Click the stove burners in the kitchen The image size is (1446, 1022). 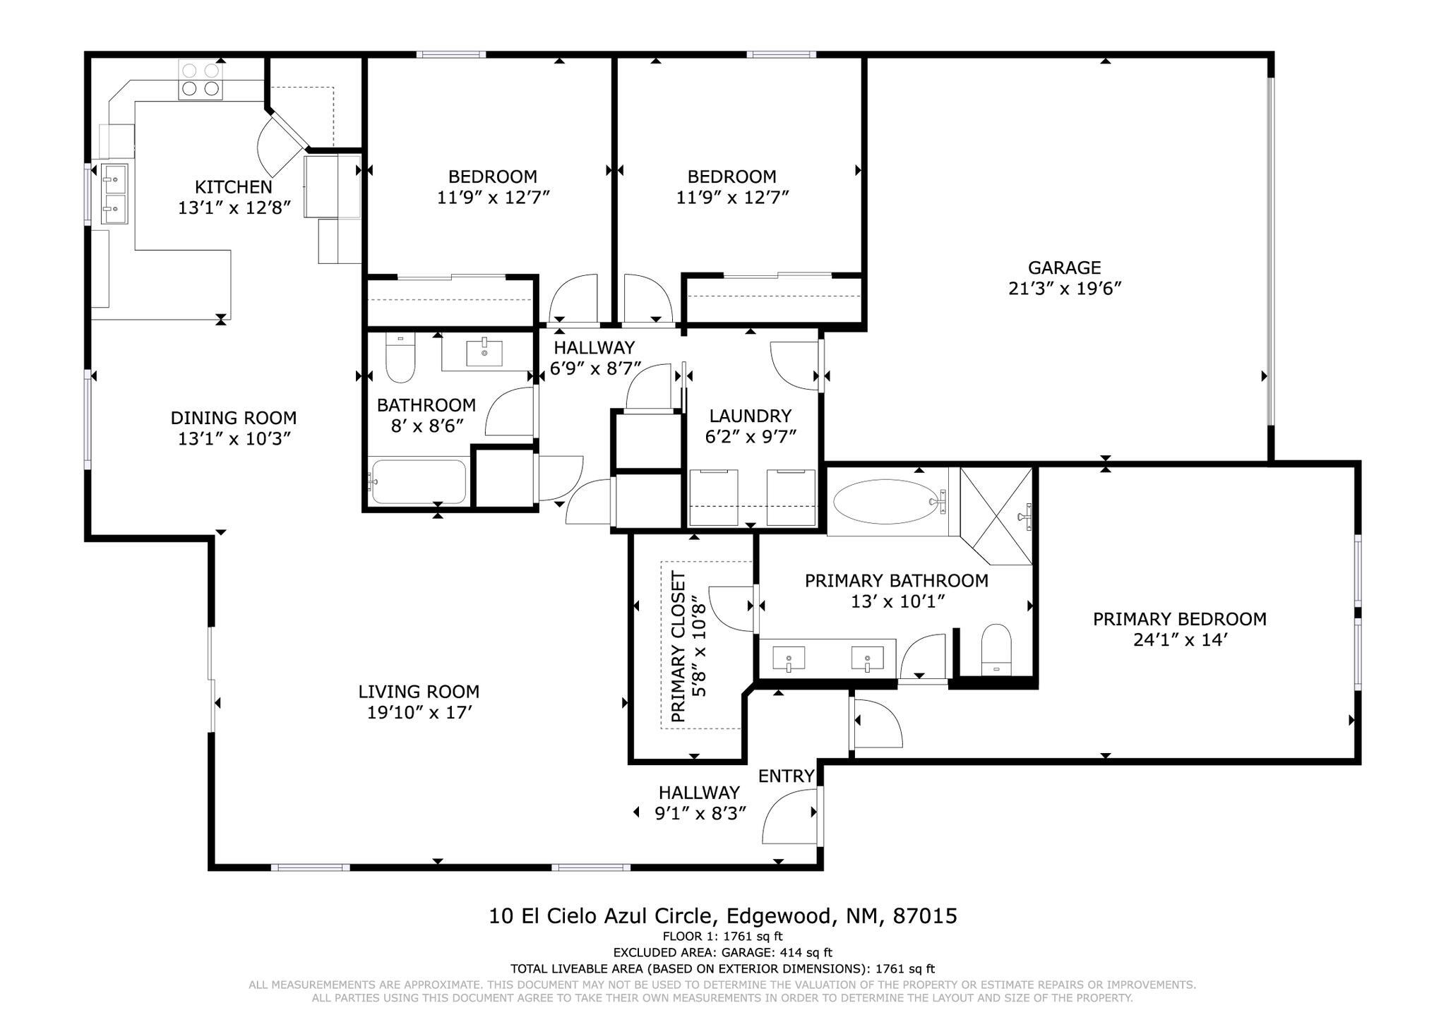pyautogui.click(x=201, y=79)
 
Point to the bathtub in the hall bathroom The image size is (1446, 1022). pyautogui.click(x=419, y=481)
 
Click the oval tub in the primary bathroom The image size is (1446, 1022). pyautogui.click(x=890, y=502)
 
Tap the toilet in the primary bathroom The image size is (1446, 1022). pyautogui.click(x=996, y=650)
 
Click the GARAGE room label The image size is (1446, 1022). pyautogui.click(x=1064, y=267)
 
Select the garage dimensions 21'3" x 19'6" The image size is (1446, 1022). pyautogui.click(x=1065, y=289)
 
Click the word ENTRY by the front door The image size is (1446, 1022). pyautogui.click(x=786, y=776)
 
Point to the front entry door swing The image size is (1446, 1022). pyautogui.click(x=789, y=816)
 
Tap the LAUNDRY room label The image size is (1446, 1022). pyautogui.click(x=751, y=416)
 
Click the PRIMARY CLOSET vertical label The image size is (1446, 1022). pyautogui.click(x=678, y=647)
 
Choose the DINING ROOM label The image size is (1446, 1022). pyautogui.click(x=234, y=418)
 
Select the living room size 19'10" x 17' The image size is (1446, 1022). pyautogui.click(x=419, y=713)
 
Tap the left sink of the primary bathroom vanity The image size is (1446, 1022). pyautogui.click(x=788, y=659)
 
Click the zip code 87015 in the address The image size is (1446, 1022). pyautogui.click(x=925, y=916)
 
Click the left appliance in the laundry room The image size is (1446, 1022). pyautogui.click(x=713, y=497)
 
